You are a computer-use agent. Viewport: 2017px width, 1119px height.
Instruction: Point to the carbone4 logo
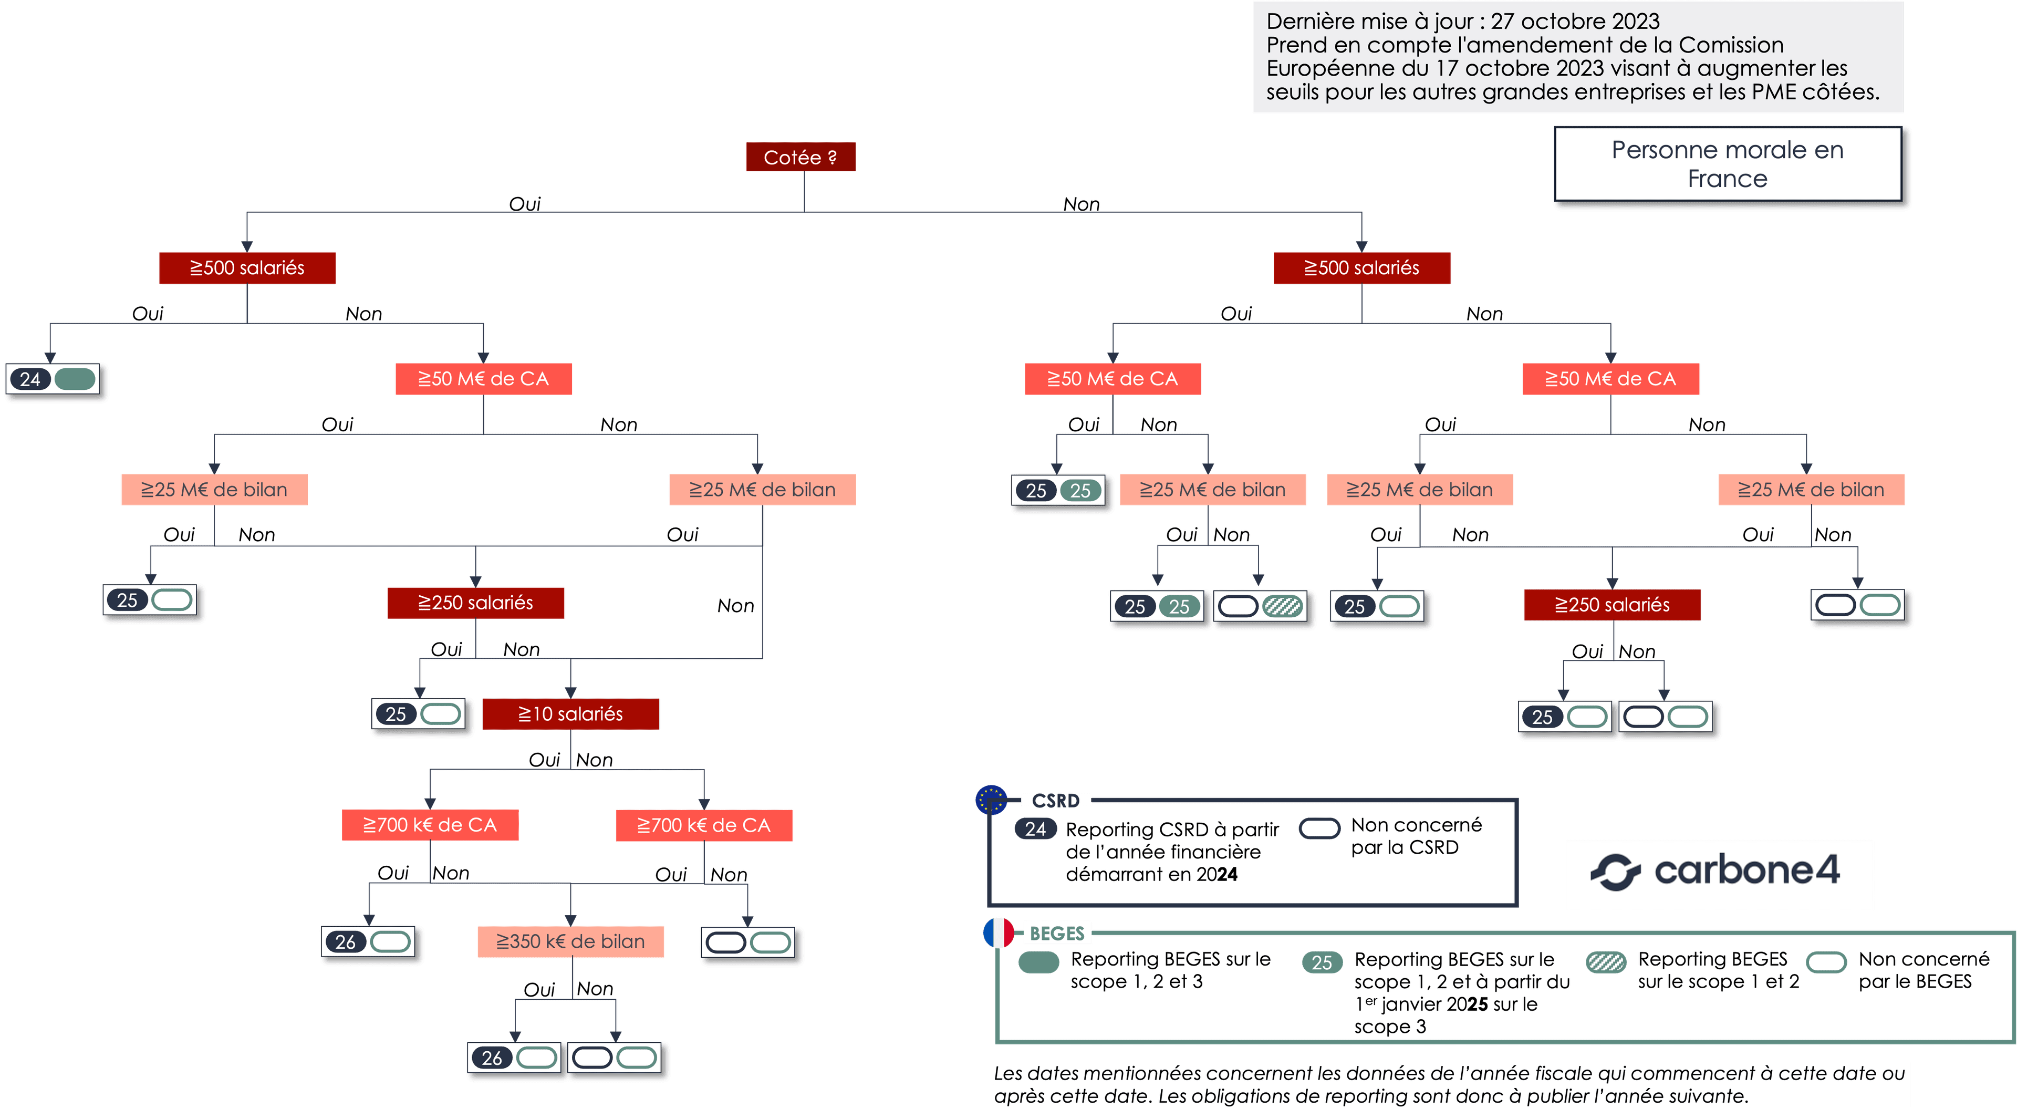[1715, 871]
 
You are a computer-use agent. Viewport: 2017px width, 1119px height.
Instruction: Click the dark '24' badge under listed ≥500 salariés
[30, 379]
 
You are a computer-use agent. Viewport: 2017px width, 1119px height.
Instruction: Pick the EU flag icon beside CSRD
[991, 800]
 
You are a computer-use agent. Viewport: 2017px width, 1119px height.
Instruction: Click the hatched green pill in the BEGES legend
[1606, 961]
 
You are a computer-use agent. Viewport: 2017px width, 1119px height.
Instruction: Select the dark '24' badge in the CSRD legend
[1035, 828]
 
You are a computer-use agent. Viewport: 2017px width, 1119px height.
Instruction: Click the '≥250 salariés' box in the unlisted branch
[1612, 605]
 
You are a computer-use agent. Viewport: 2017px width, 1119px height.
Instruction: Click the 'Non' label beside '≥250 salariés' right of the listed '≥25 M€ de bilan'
[735, 605]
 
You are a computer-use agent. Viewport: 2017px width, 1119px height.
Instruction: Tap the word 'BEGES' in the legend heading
[1057, 934]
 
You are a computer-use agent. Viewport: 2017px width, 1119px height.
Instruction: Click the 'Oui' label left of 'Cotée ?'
[525, 204]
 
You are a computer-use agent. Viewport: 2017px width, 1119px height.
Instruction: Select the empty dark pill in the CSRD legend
[1319, 828]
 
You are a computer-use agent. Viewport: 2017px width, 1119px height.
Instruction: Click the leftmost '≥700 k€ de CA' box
[430, 825]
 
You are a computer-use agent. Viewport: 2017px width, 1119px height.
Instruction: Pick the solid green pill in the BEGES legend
[1039, 961]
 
